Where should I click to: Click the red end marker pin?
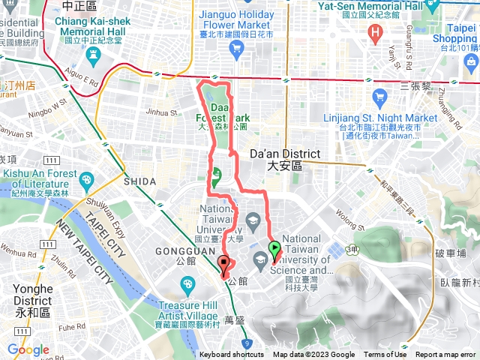click(x=224, y=263)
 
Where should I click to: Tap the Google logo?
click(x=28, y=349)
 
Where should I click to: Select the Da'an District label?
click(x=283, y=158)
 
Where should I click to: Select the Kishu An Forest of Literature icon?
click(x=87, y=180)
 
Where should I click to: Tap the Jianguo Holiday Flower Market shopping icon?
click(x=237, y=50)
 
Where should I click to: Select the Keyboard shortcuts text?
click(x=232, y=355)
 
